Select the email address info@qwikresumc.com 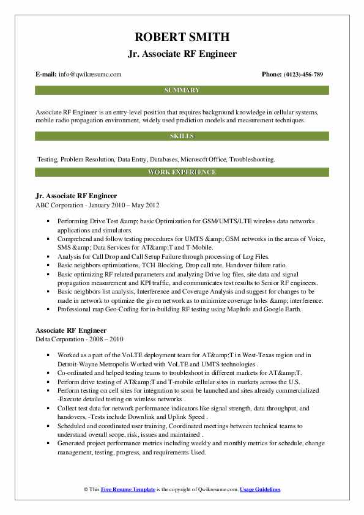90,75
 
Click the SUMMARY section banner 182,91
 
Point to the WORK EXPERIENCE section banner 182,172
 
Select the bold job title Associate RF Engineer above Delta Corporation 71,330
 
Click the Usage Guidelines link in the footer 260,490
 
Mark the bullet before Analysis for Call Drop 48,257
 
